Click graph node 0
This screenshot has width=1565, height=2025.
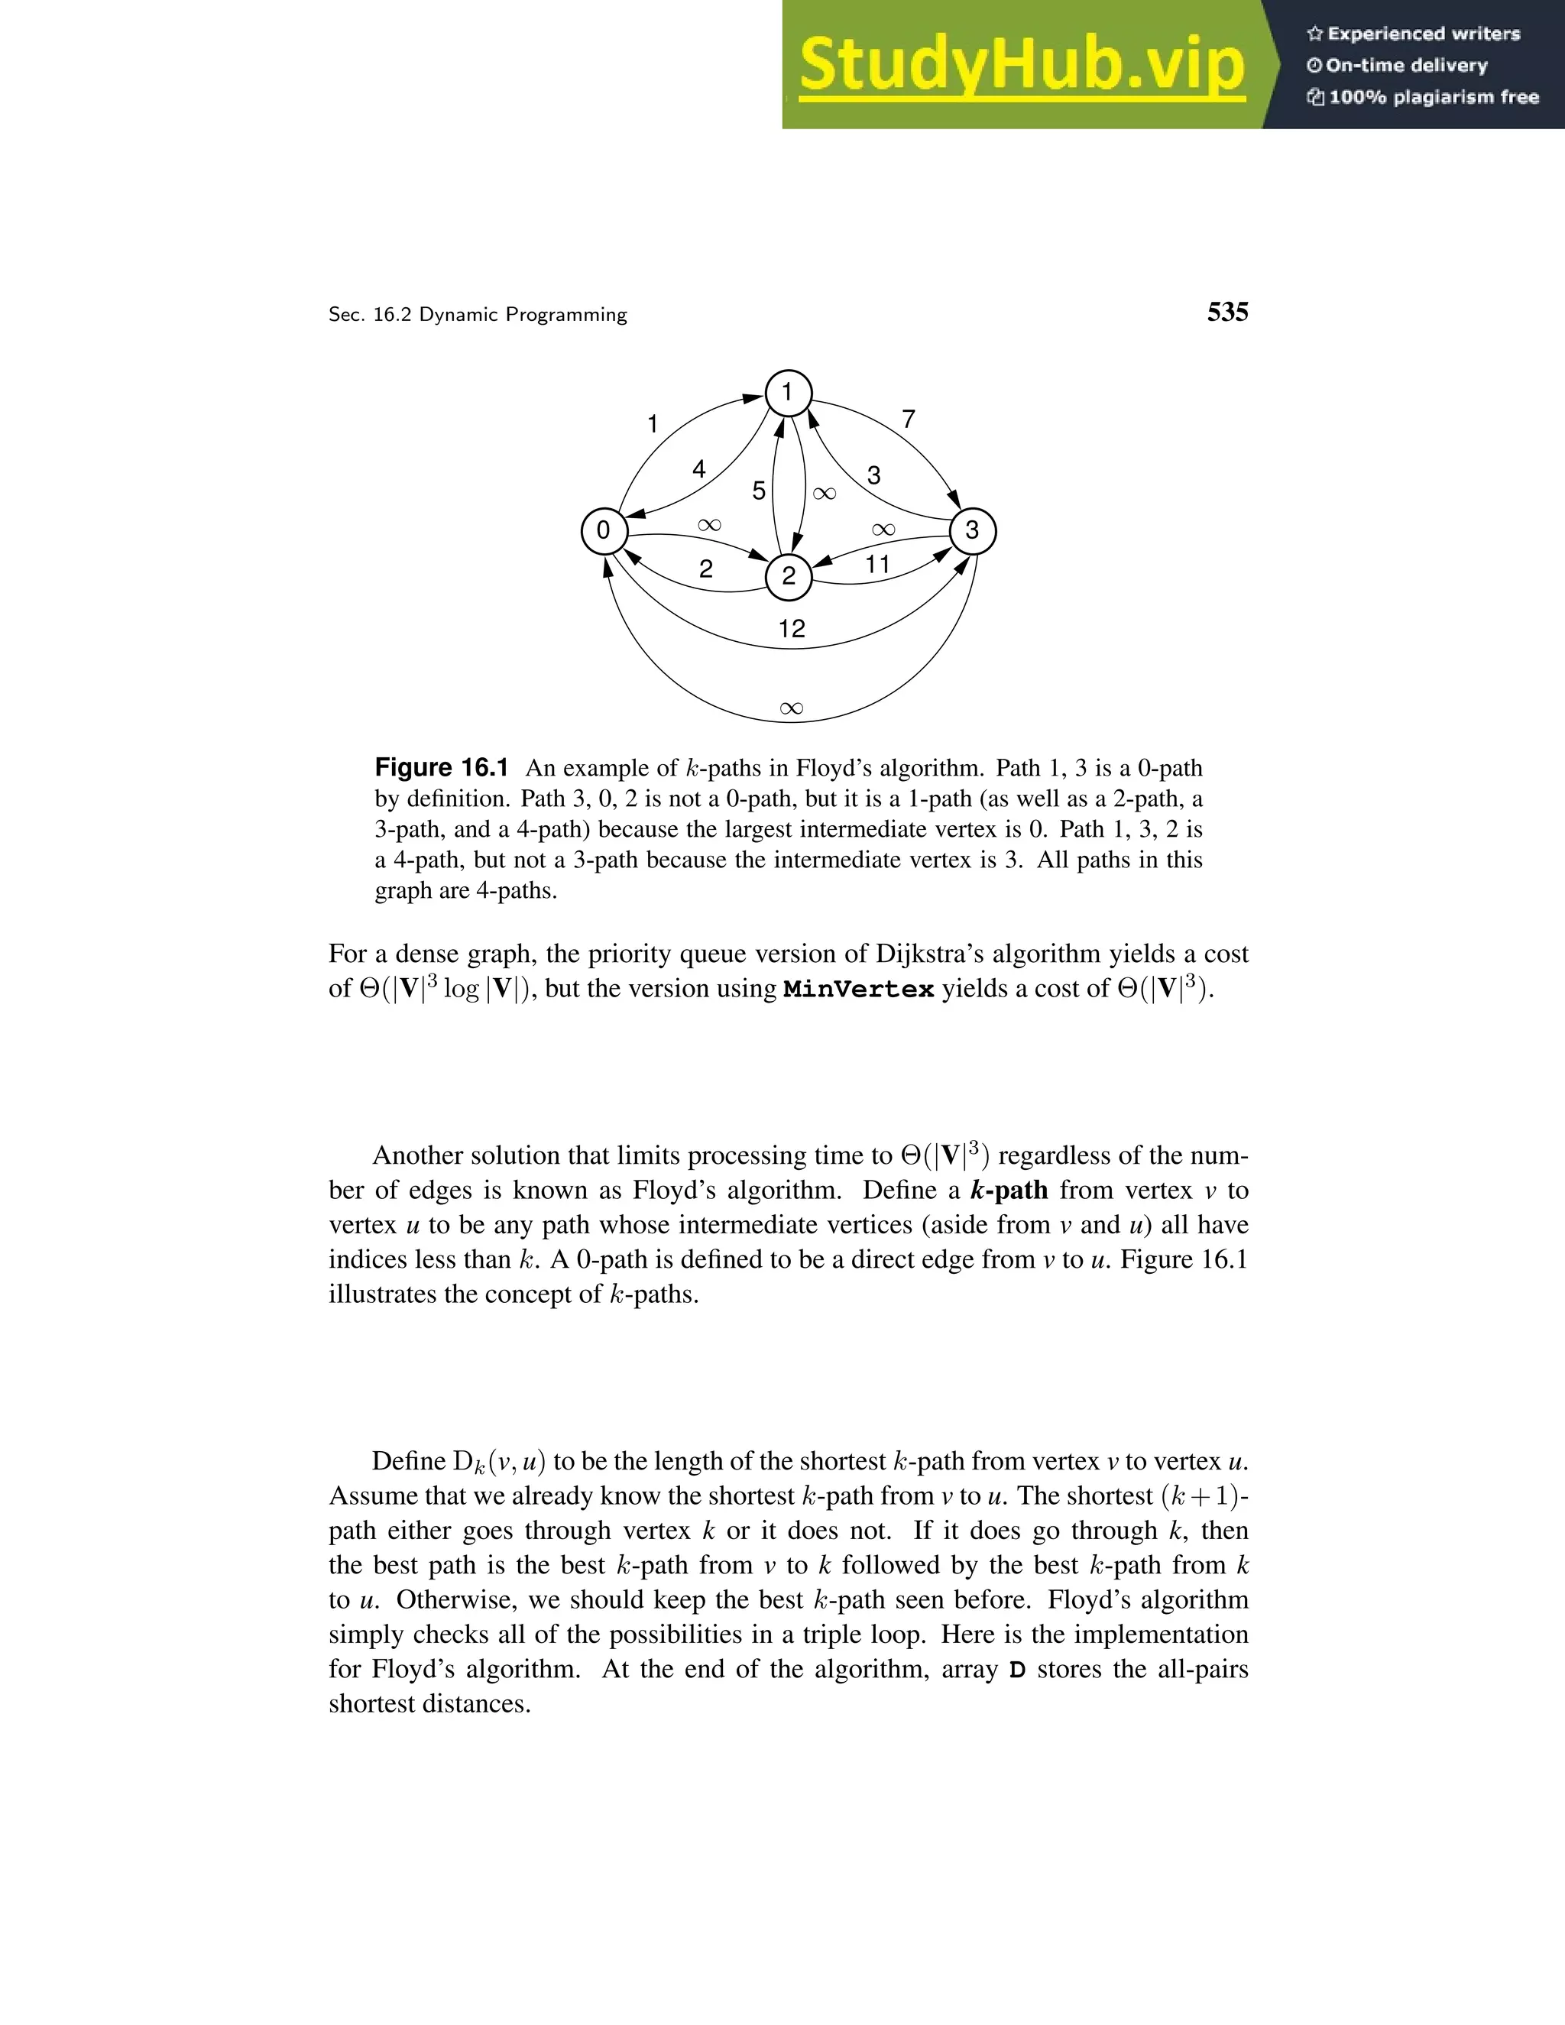[x=604, y=531]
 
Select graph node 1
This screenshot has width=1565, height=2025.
[x=787, y=393]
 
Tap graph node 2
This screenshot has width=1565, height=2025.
[x=788, y=577]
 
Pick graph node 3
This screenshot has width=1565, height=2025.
[x=972, y=531]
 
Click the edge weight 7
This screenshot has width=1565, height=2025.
[x=909, y=420]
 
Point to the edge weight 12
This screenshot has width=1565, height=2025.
[x=791, y=630]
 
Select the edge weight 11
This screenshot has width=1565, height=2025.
[x=877, y=565]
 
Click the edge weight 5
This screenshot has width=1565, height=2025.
[x=758, y=491]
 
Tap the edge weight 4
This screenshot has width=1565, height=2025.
[x=699, y=470]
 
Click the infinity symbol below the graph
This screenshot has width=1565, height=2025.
[x=791, y=709]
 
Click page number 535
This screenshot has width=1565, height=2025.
[x=1226, y=313]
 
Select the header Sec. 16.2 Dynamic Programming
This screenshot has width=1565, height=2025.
[x=478, y=316]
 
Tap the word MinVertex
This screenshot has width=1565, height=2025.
[x=857, y=990]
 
